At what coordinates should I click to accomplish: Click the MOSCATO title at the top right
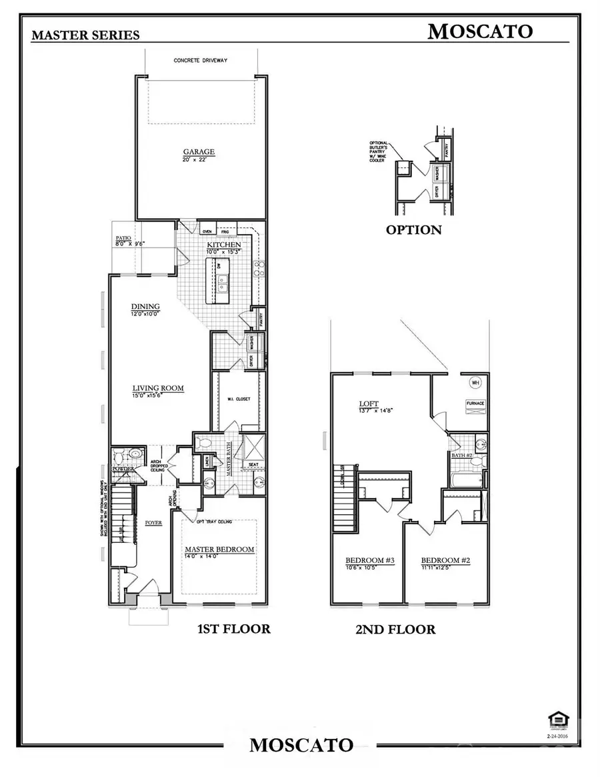[479, 31]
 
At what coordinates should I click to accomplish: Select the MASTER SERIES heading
[85, 35]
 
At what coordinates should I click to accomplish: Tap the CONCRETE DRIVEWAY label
[201, 61]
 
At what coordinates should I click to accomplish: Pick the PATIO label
[123, 237]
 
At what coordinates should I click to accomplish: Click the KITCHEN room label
[223, 245]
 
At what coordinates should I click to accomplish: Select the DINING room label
[145, 306]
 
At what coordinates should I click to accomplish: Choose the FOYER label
[154, 523]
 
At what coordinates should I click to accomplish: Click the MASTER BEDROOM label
[219, 549]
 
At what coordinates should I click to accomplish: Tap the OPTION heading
[413, 230]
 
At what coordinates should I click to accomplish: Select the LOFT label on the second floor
[369, 404]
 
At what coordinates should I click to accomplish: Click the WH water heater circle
[475, 383]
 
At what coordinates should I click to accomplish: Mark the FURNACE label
[475, 404]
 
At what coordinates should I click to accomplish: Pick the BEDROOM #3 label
[370, 560]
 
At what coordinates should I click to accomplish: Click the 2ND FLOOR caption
[395, 629]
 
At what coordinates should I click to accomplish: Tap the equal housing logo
[555, 718]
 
